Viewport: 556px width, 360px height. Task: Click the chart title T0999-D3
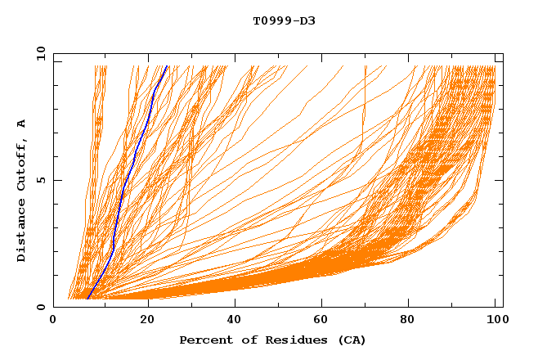[284, 20]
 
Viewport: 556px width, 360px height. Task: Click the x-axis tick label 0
[53, 321]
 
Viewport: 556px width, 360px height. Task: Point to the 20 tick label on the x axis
[142, 321]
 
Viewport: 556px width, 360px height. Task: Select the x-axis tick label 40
[231, 321]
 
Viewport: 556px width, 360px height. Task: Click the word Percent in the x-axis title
[202, 340]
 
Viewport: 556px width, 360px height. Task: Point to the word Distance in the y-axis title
[22, 233]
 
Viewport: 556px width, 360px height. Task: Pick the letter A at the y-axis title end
[22, 124]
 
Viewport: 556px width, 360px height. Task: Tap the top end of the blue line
[167, 66]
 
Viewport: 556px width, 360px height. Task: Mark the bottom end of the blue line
[87, 299]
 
